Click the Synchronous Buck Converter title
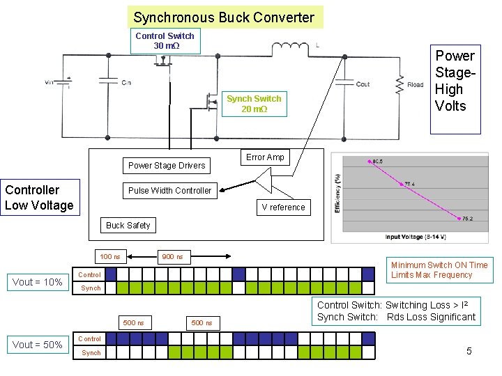[224, 17]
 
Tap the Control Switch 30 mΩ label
[165, 41]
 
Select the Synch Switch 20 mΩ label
[254, 104]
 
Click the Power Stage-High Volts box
[455, 81]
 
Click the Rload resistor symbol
[400, 84]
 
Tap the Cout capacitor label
[363, 84]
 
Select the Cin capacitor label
[126, 83]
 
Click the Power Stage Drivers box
[167, 166]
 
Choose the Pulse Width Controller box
[169, 191]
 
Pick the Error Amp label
[265, 157]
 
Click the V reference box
[283, 207]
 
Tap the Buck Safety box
[128, 226]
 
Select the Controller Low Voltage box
[39, 198]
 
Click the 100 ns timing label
[110, 257]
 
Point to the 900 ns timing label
[172, 257]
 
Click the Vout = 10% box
[38, 282]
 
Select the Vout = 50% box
[38, 345]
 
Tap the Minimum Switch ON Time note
[439, 270]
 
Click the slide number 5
[469, 351]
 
